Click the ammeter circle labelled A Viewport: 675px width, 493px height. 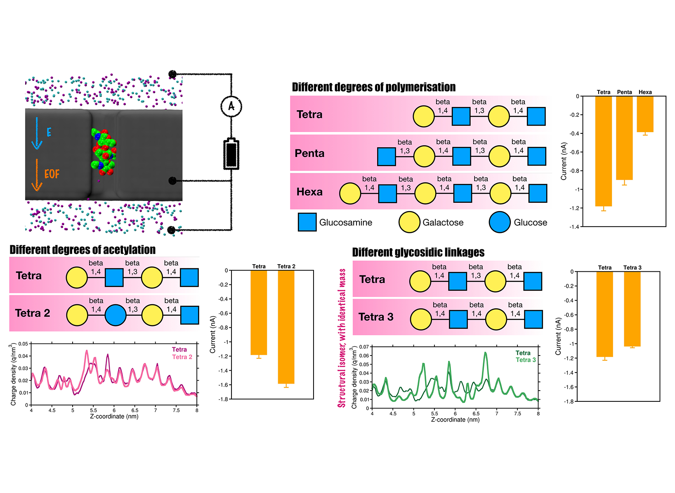231,106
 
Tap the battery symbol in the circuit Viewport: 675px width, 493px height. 231,154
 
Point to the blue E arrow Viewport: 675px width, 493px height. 37,133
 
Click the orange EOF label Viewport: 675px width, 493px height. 52,174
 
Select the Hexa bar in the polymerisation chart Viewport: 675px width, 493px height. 645,114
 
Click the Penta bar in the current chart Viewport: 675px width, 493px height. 624,138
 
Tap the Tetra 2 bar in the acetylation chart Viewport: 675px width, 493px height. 286,327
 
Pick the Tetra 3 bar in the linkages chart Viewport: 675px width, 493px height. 632,309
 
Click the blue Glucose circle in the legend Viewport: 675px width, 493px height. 500,222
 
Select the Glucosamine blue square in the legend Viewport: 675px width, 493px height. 307,222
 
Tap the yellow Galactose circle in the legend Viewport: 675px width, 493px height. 409,222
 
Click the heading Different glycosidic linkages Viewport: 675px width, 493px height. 418,252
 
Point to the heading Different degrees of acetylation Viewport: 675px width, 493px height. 83,250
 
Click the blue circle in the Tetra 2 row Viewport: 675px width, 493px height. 116,315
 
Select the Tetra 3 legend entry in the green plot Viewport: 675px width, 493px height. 526,360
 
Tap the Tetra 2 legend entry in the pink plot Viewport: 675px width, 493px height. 182,357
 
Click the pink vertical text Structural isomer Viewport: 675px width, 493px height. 342,339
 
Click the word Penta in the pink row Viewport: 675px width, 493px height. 309,153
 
